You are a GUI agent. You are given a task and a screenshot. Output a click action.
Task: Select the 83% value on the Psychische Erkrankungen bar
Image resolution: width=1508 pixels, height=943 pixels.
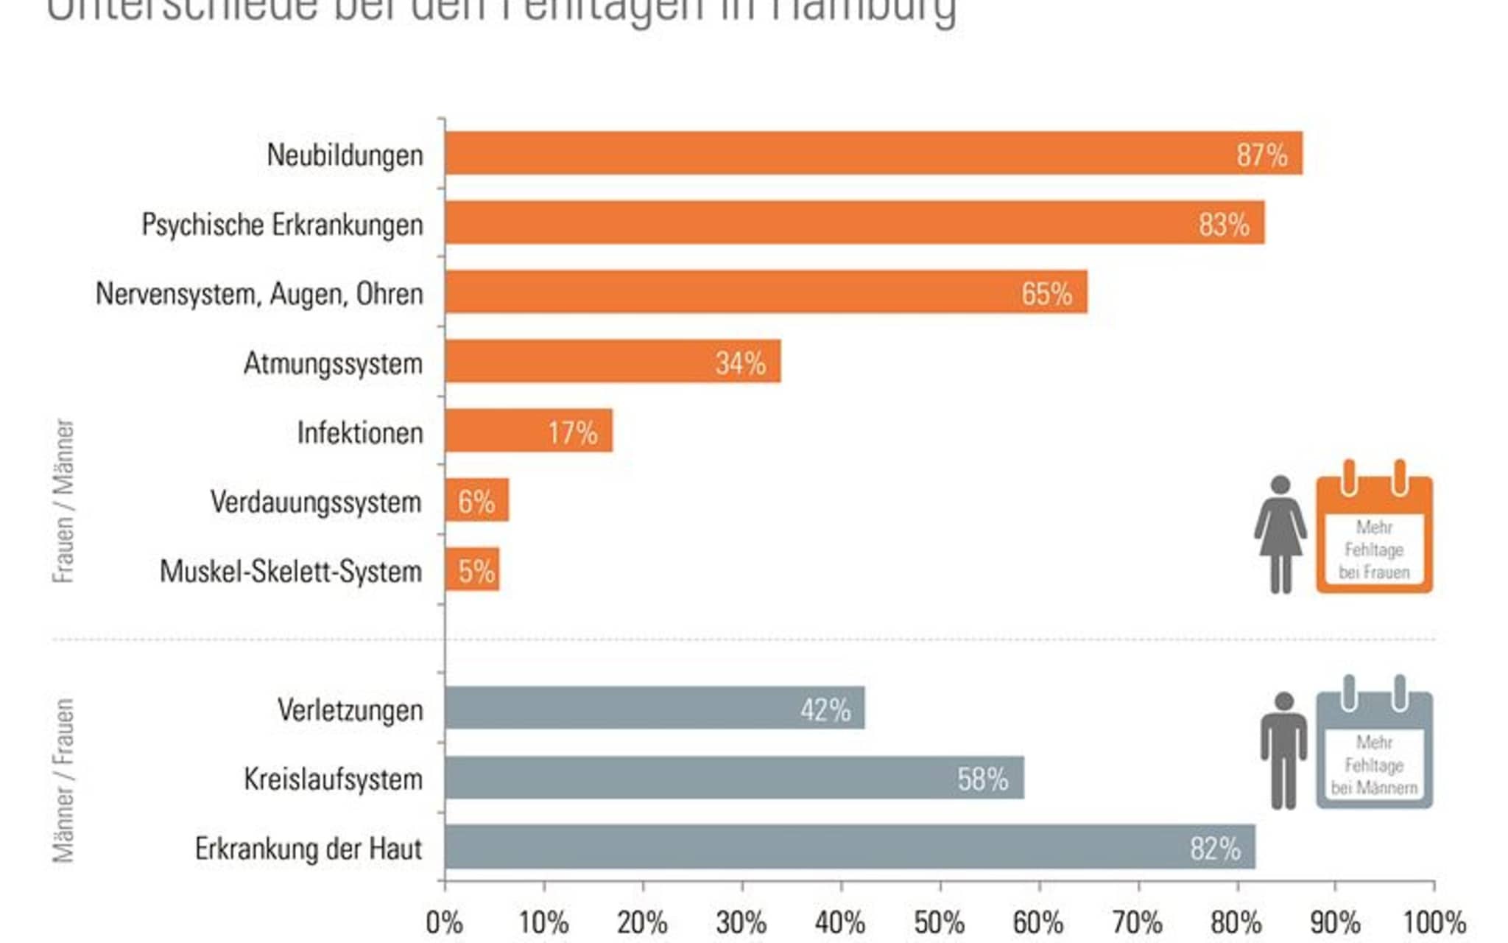tap(1223, 224)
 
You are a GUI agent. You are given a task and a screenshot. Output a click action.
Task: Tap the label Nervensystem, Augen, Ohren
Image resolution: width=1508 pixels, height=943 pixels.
tap(259, 294)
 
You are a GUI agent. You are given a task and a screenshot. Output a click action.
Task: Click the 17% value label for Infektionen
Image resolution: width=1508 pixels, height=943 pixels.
tap(572, 432)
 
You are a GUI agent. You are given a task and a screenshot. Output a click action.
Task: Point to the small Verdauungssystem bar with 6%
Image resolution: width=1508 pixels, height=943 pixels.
tap(476, 501)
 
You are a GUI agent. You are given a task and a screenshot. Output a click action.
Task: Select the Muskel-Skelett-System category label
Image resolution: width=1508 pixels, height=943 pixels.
tap(291, 572)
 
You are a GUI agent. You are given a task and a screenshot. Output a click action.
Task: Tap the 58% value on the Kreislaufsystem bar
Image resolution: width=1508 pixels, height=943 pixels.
tap(982, 779)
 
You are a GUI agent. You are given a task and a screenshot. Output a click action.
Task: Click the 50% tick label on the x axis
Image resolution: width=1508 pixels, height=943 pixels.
tap(939, 923)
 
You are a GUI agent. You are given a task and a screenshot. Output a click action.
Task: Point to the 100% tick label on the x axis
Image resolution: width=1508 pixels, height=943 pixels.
tap(1434, 923)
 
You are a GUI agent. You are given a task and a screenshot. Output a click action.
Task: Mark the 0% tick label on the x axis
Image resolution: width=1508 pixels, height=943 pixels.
tap(444, 923)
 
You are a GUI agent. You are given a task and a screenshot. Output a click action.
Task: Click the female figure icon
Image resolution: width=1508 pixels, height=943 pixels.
tap(1280, 534)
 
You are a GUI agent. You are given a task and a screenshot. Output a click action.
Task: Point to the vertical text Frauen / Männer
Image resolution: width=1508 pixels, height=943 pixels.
tap(64, 501)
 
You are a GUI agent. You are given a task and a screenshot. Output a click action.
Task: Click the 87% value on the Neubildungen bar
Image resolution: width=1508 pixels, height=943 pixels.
tap(1261, 155)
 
